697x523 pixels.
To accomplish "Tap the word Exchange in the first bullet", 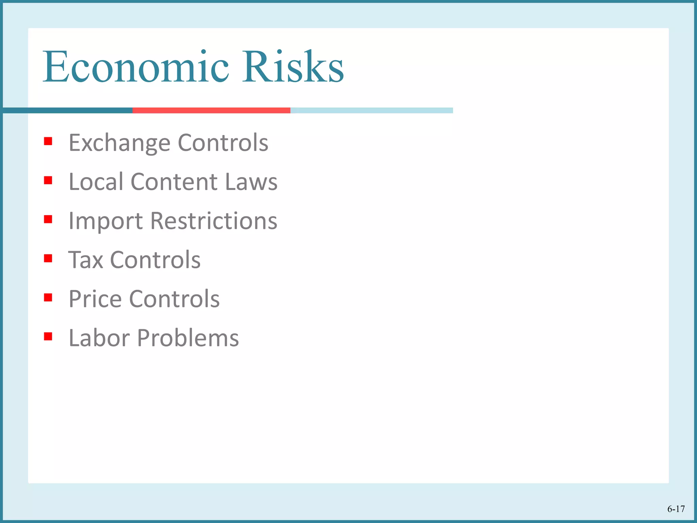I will pyautogui.click(x=119, y=143).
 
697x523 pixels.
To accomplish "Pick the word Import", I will pyautogui.click(x=106, y=221).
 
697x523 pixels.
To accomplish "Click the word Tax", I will pyautogui.click(x=85, y=260).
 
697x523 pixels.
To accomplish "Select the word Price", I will pyautogui.click(x=95, y=299).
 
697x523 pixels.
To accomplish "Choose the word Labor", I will pyautogui.click(x=99, y=338).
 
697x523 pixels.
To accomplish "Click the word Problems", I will pyautogui.click(x=188, y=338).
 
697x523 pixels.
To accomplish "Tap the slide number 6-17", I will pyautogui.click(x=676, y=509).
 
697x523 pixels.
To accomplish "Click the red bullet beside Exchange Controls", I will pyautogui.click(x=48, y=141).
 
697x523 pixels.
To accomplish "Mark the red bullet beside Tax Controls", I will pyautogui.click(x=48, y=258).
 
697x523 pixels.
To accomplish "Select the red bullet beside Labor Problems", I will pyautogui.click(x=48, y=336).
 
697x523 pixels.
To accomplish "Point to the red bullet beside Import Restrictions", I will pyautogui.click(x=48, y=219).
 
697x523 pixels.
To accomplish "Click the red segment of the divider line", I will pyautogui.click(x=211, y=110).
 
